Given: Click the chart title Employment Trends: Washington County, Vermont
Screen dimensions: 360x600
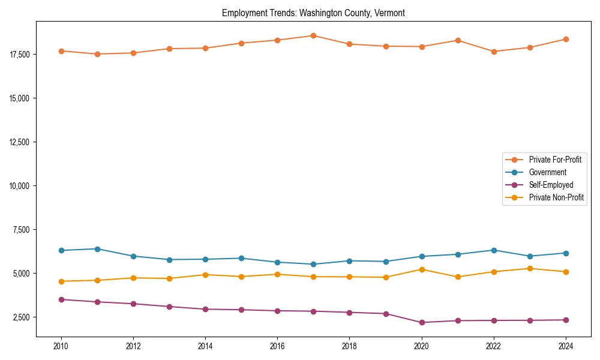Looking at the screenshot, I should (x=313, y=13).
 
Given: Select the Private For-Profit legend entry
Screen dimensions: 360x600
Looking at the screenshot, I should (x=554, y=160).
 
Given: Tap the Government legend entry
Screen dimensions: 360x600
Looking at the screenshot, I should (x=547, y=172).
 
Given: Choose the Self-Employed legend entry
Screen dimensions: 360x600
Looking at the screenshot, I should (x=551, y=185).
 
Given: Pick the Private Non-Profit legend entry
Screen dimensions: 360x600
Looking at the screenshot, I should (x=556, y=197).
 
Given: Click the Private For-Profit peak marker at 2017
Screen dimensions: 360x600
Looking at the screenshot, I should (x=313, y=35).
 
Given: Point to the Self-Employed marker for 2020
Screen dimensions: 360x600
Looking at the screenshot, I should (x=422, y=322).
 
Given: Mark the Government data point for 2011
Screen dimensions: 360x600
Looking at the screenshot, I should (x=97, y=249).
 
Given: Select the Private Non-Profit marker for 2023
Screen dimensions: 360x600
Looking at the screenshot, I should (x=530, y=268).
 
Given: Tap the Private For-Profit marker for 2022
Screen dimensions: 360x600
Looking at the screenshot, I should (x=494, y=52).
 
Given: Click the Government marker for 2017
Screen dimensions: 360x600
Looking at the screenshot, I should (x=313, y=264).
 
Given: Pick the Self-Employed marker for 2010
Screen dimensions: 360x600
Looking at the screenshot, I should (x=61, y=299).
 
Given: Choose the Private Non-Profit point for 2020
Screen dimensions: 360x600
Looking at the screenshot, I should (x=422, y=269).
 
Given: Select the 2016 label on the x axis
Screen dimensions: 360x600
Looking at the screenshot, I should (x=277, y=346).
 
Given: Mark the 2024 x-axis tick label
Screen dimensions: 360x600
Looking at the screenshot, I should (x=566, y=346).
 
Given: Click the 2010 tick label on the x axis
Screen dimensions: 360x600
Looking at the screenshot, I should (x=61, y=346).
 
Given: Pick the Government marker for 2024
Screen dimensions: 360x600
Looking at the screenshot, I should (x=566, y=253).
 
